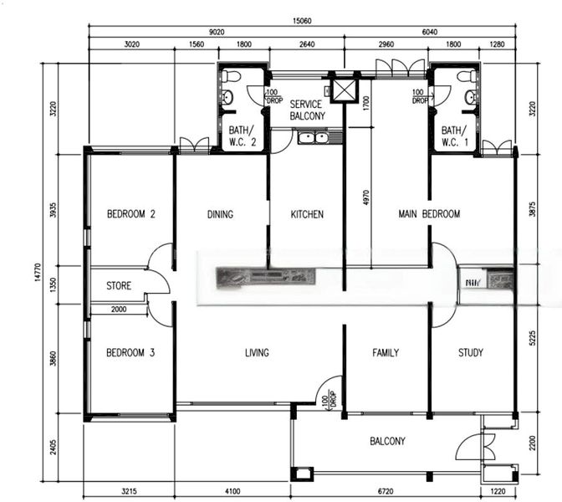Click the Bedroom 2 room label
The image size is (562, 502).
pyautogui.click(x=131, y=214)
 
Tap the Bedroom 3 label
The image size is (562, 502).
pyautogui.click(x=131, y=353)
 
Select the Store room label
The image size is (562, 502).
pyautogui.click(x=119, y=286)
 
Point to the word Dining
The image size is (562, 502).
pyautogui.click(x=220, y=214)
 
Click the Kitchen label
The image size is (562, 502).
pyautogui.click(x=307, y=214)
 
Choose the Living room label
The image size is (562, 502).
pyautogui.click(x=257, y=353)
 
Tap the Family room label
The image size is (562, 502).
pyautogui.click(x=386, y=353)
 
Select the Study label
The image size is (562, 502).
pyautogui.click(x=471, y=353)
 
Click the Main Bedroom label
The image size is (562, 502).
pyautogui.click(x=429, y=214)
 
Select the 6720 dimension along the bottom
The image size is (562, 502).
pyautogui.click(x=386, y=492)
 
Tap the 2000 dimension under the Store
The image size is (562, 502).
pyautogui.click(x=119, y=310)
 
